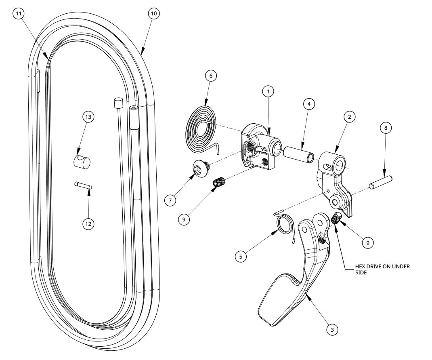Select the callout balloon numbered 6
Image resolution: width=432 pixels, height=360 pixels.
point(211,76)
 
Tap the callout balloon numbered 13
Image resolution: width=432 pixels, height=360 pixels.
point(88,117)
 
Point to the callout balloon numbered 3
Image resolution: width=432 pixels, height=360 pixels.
point(332,330)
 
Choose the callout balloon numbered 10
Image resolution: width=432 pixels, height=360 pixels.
point(153,13)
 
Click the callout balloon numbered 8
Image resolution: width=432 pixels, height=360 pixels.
point(386,128)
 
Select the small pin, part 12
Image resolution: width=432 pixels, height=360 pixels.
point(84,185)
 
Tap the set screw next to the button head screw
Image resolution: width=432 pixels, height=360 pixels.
point(218,183)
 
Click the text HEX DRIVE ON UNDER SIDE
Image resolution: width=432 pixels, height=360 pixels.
point(382,269)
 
